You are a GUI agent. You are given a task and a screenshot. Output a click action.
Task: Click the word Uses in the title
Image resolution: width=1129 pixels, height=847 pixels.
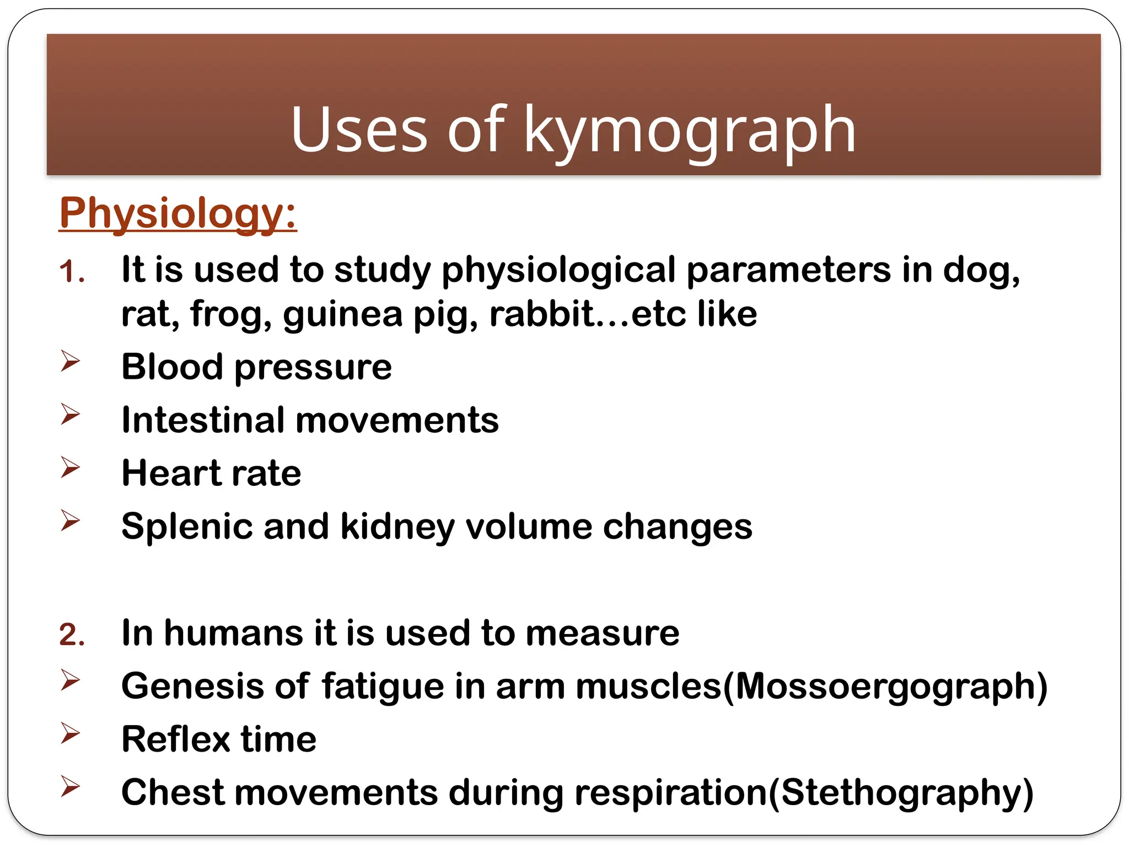coord(359,130)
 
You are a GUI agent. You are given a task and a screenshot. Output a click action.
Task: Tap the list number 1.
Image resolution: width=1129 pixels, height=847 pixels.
coord(72,272)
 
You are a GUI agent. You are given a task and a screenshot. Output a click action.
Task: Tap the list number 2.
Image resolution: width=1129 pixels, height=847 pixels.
coord(72,635)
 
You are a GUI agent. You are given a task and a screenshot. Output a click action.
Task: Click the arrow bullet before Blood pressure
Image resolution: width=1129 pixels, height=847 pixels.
coord(70,361)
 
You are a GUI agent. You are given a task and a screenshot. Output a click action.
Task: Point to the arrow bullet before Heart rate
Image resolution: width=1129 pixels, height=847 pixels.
coord(70,468)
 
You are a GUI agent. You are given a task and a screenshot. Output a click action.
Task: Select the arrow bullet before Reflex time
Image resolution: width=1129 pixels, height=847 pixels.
coord(70,733)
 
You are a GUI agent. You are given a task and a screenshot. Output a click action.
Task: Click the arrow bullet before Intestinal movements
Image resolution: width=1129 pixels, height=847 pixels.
coord(70,414)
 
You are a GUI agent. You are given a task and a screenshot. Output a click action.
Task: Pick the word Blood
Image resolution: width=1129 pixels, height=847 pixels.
coord(172,367)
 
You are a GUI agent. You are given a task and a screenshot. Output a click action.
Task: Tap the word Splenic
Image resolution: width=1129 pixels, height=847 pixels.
coord(187,527)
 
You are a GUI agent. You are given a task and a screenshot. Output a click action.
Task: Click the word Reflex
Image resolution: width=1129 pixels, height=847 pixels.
coord(175,739)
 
